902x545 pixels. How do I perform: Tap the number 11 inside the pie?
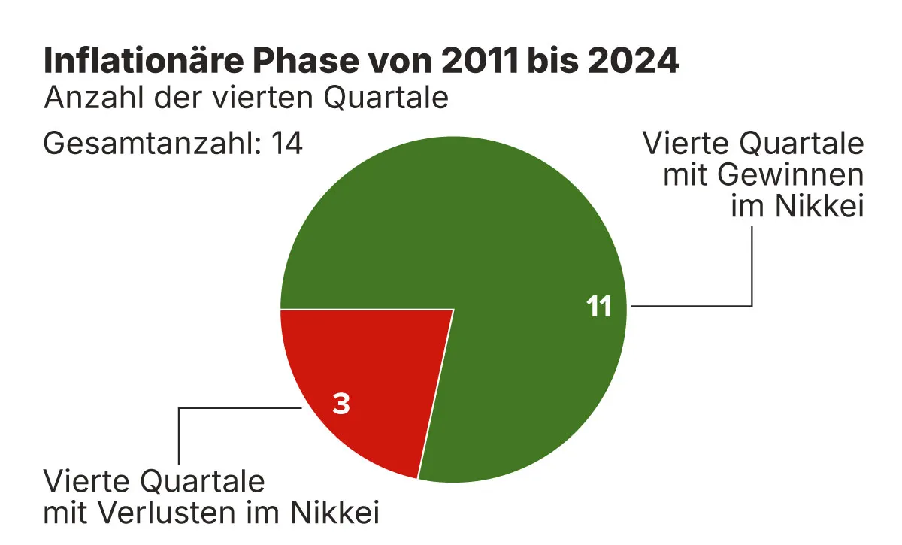coord(599,307)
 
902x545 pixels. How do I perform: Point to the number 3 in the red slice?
coord(341,404)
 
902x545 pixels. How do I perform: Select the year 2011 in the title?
coord(478,62)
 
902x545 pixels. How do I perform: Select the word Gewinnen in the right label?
coord(788,175)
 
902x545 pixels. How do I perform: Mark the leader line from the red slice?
coord(179,436)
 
